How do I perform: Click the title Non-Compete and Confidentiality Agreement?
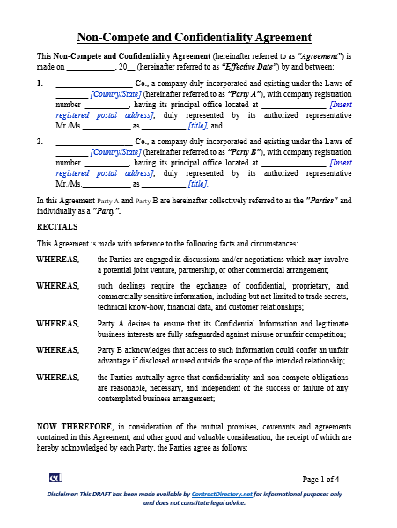click(x=195, y=37)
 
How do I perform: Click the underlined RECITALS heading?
click(x=56, y=226)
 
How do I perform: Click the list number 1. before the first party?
click(x=40, y=84)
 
